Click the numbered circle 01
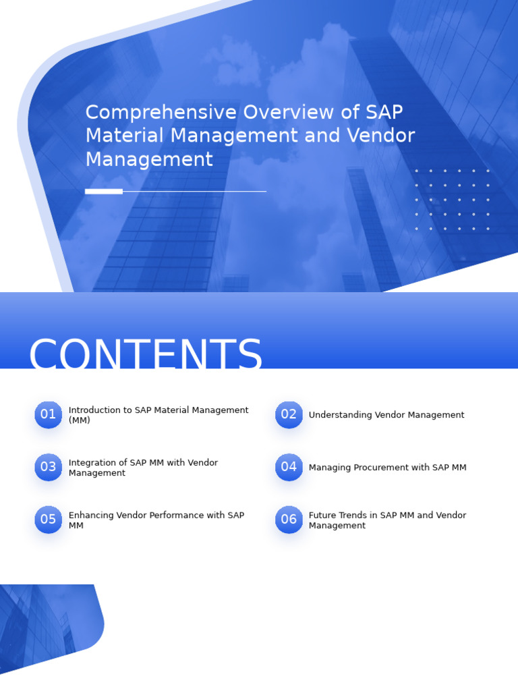(48, 415)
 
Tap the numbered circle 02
(289, 415)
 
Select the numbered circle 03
(48, 468)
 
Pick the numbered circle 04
(289, 468)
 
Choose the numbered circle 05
(48, 520)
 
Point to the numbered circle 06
(289, 520)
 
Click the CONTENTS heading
(146, 355)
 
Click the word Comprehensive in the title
(161, 113)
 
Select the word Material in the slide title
(125, 136)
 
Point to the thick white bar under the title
(104, 192)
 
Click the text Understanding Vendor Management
(386, 415)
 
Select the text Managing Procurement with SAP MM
(387, 468)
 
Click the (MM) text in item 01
(80, 420)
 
